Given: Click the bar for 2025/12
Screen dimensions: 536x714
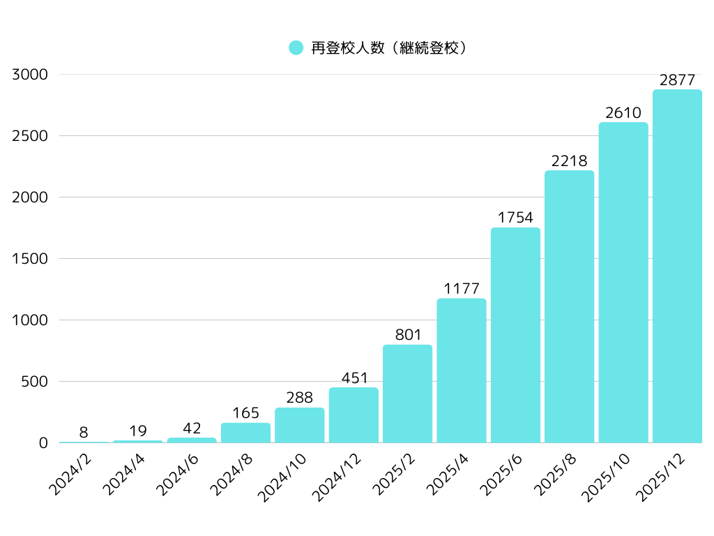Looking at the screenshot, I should pos(677,266).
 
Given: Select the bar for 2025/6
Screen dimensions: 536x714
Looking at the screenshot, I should pos(515,335).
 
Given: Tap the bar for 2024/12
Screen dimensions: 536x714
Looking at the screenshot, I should pos(354,415).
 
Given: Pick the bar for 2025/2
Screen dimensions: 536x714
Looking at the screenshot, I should pos(407,394).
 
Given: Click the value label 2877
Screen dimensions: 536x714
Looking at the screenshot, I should pos(677,80).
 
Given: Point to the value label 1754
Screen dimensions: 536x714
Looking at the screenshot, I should pos(515,218).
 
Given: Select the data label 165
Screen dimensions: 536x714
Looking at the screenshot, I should pos(245,413).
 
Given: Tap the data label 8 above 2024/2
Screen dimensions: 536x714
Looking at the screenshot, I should pos(84,433).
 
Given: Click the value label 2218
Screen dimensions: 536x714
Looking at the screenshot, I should pos(569,161).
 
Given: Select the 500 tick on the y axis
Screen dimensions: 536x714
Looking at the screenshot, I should pos(34,382).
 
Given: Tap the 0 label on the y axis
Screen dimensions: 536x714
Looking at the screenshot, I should pos(43,443).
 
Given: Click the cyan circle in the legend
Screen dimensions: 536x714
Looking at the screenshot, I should pos(296,47).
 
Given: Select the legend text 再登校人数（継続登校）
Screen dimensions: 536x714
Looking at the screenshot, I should pos(388,47).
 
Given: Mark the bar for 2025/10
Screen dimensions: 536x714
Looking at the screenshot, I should pos(623,283).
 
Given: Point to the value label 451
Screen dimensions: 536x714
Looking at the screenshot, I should pos(354,378).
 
